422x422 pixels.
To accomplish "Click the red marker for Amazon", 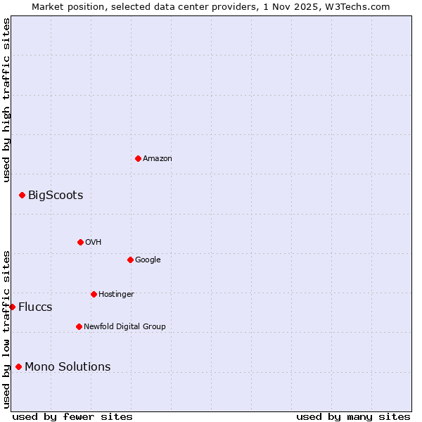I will tap(138, 158).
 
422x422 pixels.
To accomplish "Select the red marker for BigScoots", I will tap(22, 195).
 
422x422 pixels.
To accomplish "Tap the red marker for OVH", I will tap(80, 242).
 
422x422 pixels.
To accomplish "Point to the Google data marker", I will tap(130, 260).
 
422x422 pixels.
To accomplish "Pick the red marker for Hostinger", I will tap(94, 294).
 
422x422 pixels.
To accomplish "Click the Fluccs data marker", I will tap(12, 307).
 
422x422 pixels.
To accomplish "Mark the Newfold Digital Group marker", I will tap(79, 326).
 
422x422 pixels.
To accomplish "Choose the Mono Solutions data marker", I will tap(18, 366).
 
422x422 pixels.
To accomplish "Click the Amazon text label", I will tap(158, 158).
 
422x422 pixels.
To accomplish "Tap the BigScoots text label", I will tap(56, 195).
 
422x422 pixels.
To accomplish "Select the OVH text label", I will tap(94, 242).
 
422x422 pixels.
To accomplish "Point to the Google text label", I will tap(148, 260).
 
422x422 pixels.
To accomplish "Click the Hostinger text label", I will tap(116, 294).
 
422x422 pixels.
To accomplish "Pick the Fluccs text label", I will tap(35, 307).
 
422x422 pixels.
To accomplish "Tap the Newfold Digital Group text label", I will tap(124, 326).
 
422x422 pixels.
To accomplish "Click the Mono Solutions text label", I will tap(68, 366).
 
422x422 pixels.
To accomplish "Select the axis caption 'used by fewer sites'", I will tap(72, 416).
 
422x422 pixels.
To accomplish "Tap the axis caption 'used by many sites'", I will tap(353, 416).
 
